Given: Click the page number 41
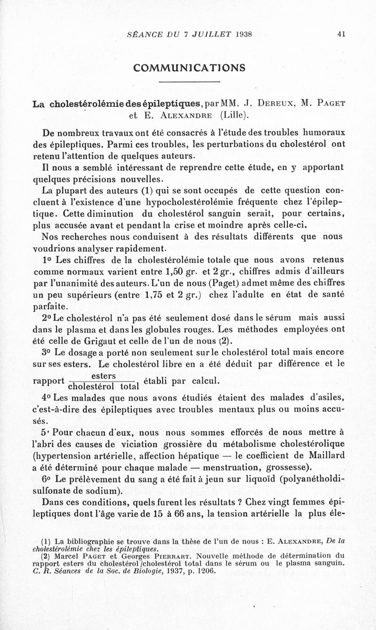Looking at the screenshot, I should coord(341,34).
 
